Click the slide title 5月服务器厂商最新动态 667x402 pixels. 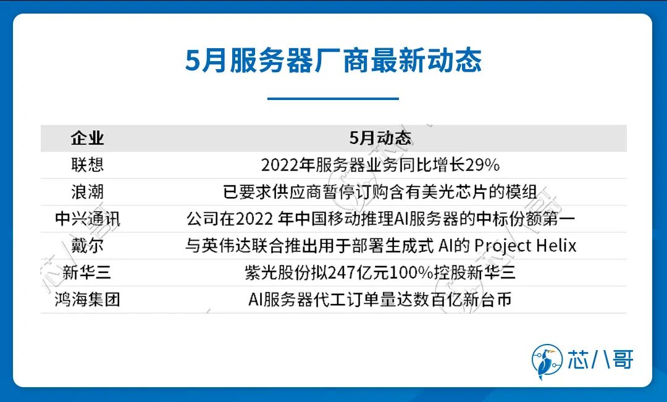[x=333, y=61]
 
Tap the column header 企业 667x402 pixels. [x=87, y=138]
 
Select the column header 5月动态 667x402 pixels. [x=380, y=138]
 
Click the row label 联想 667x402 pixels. [x=87, y=165]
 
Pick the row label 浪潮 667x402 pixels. [x=87, y=192]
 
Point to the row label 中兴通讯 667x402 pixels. [x=87, y=219]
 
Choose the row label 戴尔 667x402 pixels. [x=87, y=245]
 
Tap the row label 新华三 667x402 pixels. [x=87, y=272]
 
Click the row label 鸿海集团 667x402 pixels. [x=87, y=299]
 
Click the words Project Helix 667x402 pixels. [x=526, y=246]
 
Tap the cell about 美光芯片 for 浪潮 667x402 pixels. [x=380, y=192]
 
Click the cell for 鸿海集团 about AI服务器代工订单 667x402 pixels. [x=380, y=299]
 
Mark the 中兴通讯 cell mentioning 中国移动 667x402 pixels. [x=380, y=219]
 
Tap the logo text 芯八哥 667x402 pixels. [x=600, y=359]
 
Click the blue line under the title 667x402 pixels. [x=333, y=98]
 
